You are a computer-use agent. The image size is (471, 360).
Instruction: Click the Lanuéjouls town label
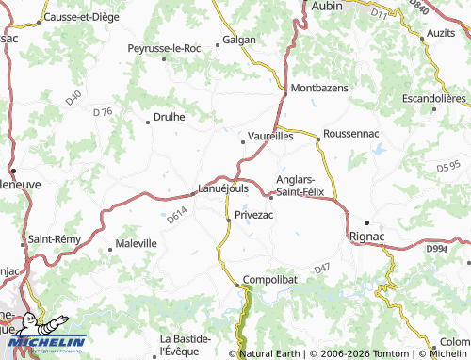point(224,187)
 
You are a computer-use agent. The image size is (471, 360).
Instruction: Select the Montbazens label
point(319,88)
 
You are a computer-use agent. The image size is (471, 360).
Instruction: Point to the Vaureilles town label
point(271,136)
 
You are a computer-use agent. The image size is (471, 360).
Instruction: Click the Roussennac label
point(350,135)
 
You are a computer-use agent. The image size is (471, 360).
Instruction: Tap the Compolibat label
point(270,280)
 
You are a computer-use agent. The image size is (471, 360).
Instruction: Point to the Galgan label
point(238,41)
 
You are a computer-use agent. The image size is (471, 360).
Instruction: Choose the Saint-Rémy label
point(55,240)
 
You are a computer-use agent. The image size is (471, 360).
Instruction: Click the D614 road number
point(177,217)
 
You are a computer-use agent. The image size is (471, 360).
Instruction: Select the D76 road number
point(103,112)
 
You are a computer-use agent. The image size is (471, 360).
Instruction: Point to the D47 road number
point(323,270)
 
